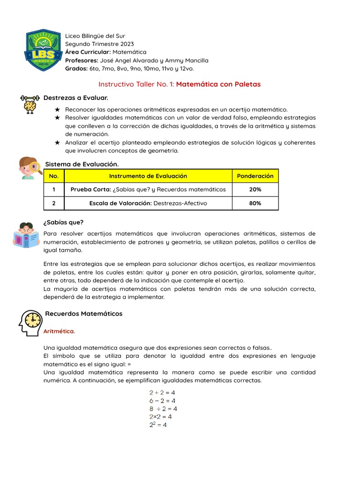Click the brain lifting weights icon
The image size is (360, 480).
[x=30, y=104]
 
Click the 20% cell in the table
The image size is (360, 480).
[x=255, y=189]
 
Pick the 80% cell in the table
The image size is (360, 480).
[x=255, y=203]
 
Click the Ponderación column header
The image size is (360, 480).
[x=255, y=176]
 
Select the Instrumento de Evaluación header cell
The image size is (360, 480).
[x=148, y=176]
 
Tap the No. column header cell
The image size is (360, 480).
[x=53, y=176]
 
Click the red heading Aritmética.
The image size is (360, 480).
[x=59, y=331]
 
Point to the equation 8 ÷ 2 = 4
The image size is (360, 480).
[x=163, y=408]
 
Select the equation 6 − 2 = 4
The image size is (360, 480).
[x=162, y=400]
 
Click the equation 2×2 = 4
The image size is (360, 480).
[x=160, y=416]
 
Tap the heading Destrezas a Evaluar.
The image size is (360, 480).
[x=76, y=97]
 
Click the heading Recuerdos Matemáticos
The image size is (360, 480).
[x=83, y=313]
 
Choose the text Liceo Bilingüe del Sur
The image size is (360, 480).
[x=95, y=36]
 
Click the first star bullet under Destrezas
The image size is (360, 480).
[x=58, y=109]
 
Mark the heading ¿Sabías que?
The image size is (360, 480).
[x=63, y=222]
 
